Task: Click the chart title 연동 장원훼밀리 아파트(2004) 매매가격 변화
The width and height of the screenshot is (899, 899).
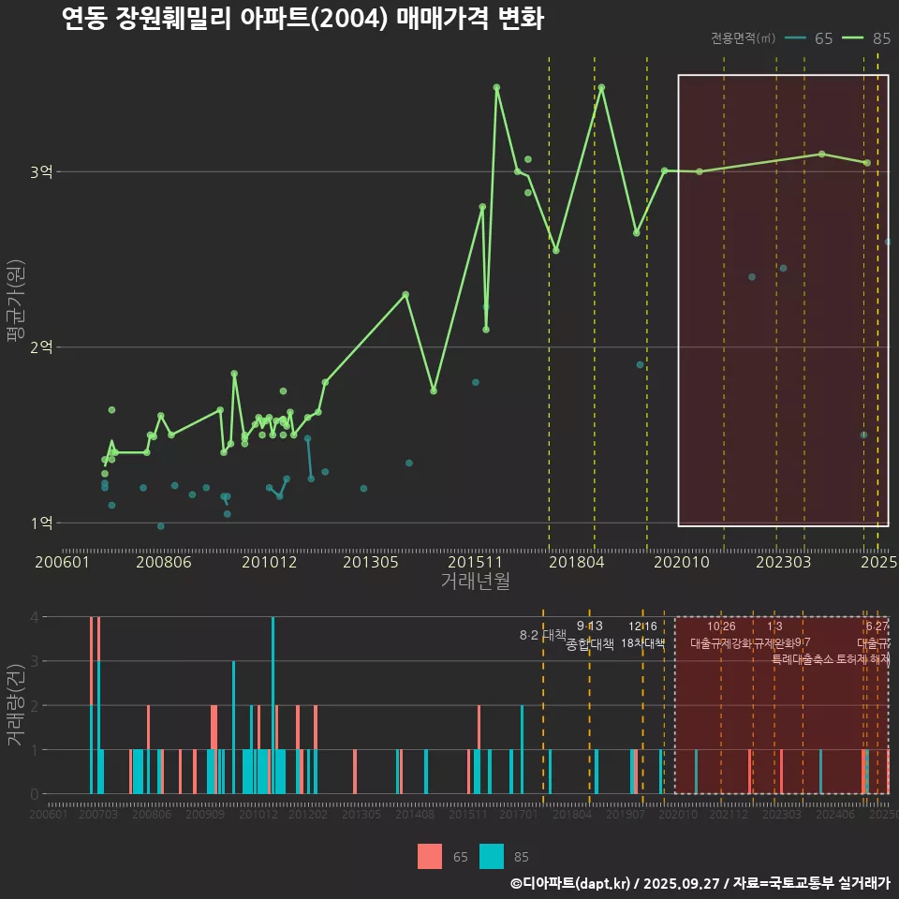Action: click(302, 19)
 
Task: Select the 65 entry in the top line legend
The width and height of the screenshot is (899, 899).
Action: click(810, 38)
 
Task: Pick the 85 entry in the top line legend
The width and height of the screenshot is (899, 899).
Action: click(867, 38)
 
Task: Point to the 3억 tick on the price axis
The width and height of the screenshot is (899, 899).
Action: click(42, 171)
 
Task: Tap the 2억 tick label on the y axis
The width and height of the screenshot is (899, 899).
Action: click(42, 347)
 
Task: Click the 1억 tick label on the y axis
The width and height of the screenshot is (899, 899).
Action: click(42, 523)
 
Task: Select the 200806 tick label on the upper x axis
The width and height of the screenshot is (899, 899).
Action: click(164, 563)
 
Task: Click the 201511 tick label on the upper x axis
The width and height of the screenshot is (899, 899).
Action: click(475, 563)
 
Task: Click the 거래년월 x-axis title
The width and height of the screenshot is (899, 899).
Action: click(475, 582)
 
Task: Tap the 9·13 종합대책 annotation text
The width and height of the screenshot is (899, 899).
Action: click(590, 635)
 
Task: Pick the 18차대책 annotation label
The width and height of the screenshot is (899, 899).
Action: click(642, 642)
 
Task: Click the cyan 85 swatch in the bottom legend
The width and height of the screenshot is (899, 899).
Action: click(492, 856)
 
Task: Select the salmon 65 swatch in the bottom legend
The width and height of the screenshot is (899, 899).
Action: click(430, 856)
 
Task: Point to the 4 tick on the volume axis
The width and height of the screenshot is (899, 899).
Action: click(35, 617)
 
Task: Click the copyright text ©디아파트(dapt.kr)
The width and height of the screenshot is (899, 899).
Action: click(570, 883)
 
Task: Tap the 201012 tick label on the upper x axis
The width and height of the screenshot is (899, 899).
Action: click(269, 563)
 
